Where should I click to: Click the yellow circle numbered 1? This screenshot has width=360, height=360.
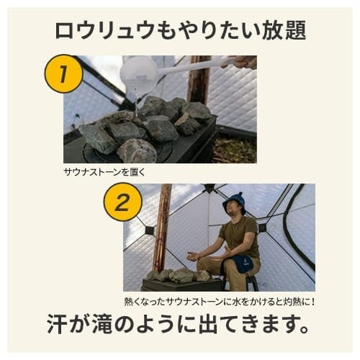tap(64, 73)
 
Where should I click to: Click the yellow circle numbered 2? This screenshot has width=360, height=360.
tap(122, 202)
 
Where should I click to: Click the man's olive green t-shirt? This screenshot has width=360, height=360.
tap(240, 236)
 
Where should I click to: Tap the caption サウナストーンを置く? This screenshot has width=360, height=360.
tap(104, 172)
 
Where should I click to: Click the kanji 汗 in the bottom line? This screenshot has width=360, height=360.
tap(57, 323)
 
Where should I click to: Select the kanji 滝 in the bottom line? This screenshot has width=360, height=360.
tap(95, 323)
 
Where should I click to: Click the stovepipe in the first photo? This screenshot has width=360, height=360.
tap(198, 79)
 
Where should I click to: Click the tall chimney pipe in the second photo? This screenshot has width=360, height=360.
tap(162, 228)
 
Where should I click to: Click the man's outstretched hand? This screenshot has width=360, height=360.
tap(194, 256)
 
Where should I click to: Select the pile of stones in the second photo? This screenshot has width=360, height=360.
tap(179, 275)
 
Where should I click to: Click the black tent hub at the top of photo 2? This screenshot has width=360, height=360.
tap(210, 188)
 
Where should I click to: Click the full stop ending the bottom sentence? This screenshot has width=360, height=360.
tap(304, 329)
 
